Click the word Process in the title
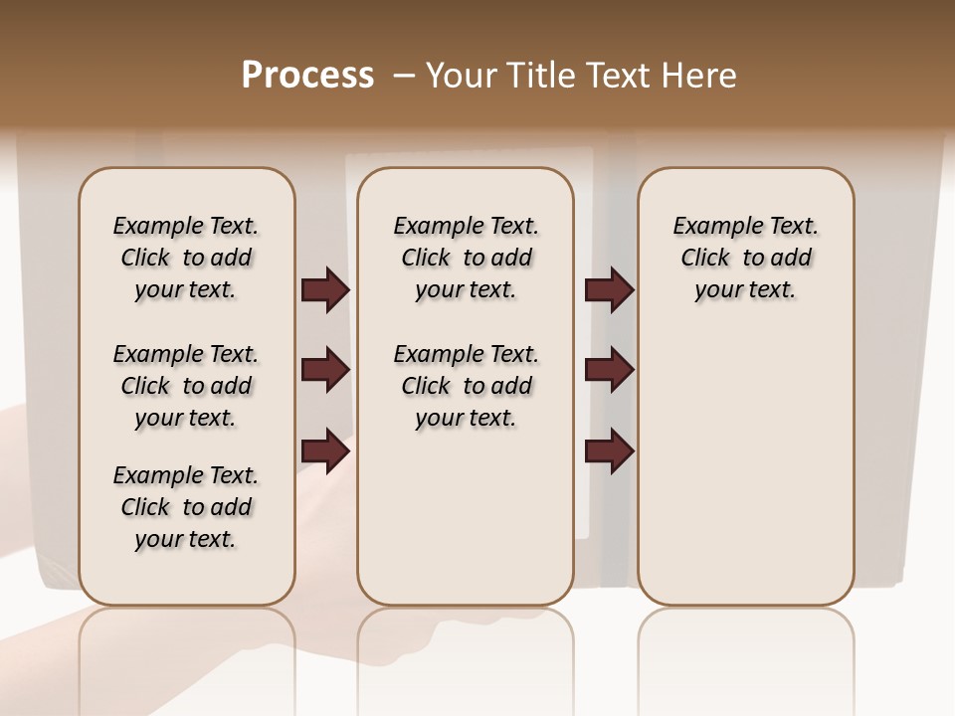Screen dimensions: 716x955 (307, 76)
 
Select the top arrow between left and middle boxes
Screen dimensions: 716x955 (325, 290)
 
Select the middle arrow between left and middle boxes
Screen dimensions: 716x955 (325, 371)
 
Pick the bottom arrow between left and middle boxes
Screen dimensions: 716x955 (325, 451)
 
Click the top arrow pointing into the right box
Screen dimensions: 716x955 (609, 290)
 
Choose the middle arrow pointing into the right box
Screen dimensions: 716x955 (609, 371)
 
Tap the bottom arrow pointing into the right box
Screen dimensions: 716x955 (609, 451)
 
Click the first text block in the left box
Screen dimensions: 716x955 (186, 258)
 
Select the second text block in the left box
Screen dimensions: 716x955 (186, 386)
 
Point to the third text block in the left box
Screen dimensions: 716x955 (186, 507)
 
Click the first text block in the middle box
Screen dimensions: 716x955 (466, 258)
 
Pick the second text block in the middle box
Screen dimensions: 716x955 (466, 386)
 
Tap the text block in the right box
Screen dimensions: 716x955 (745, 258)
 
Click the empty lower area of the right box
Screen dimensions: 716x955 (745, 467)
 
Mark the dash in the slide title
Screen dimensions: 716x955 (404, 76)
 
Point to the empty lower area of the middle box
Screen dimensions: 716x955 (466, 517)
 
